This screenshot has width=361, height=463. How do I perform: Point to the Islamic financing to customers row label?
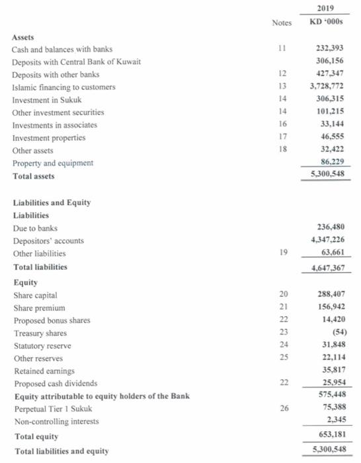pyautogui.click(x=63, y=87)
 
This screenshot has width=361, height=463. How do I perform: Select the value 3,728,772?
pyautogui.click(x=329, y=87)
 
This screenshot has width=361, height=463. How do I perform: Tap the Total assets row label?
pyautogui.click(x=34, y=176)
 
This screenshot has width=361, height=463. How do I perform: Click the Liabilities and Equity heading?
pyautogui.click(x=54, y=202)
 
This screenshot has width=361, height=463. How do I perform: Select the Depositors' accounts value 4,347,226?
pyautogui.click(x=329, y=241)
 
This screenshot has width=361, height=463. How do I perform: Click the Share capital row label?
pyautogui.click(x=35, y=295)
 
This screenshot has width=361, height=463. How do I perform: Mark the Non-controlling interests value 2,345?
pyautogui.click(x=337, y=421)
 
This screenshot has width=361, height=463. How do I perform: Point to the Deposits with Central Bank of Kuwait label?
pyautogui.click(x=77, y=62)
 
